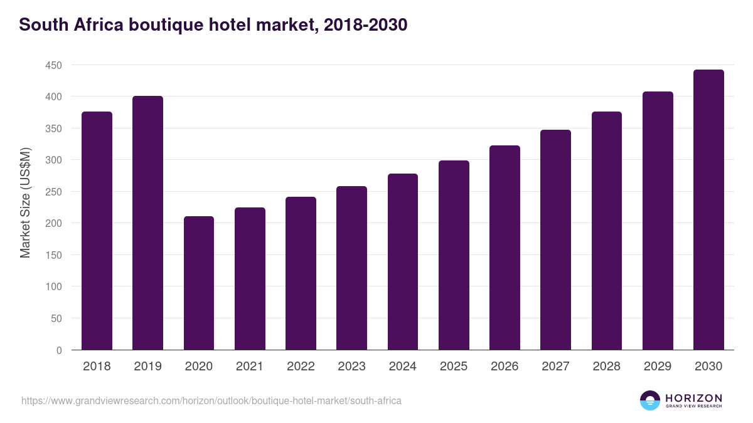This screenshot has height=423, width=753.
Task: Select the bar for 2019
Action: [147, 223]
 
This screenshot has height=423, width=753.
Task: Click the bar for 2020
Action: [199, 283]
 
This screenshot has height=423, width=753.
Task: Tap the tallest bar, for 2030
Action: [708, 210]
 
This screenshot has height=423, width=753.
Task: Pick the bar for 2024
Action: [403, 262]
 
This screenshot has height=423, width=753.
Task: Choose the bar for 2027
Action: [555, 240]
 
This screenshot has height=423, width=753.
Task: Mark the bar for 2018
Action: [97, 231]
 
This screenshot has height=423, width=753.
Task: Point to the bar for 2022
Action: [301, 273]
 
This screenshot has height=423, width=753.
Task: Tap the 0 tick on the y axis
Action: [59, 350]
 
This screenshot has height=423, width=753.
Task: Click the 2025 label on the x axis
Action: [454, 367]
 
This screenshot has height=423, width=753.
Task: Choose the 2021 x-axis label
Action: [250, 367]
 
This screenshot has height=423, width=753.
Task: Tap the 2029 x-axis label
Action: [658, 367]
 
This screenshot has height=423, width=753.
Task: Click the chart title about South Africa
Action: [213, 25]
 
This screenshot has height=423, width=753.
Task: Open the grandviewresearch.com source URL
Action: [211, 400]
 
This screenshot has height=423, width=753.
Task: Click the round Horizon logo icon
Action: [649, 400]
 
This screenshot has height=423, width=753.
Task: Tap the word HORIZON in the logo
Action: [693, 397]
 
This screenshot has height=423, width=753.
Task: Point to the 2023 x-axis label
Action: [351, 367]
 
